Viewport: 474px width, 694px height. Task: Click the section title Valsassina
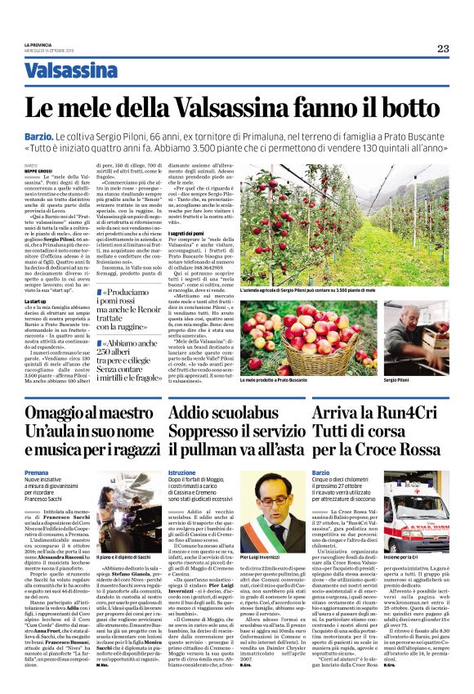(70, 71)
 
